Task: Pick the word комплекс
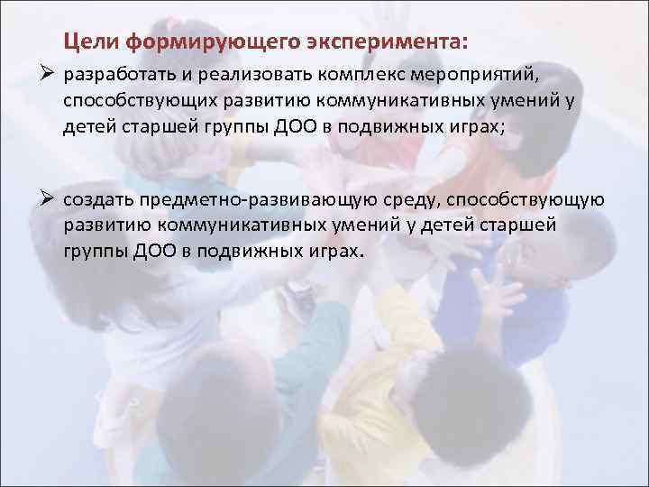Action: tap(351, 74)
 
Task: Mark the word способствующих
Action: tap(136, 101)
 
